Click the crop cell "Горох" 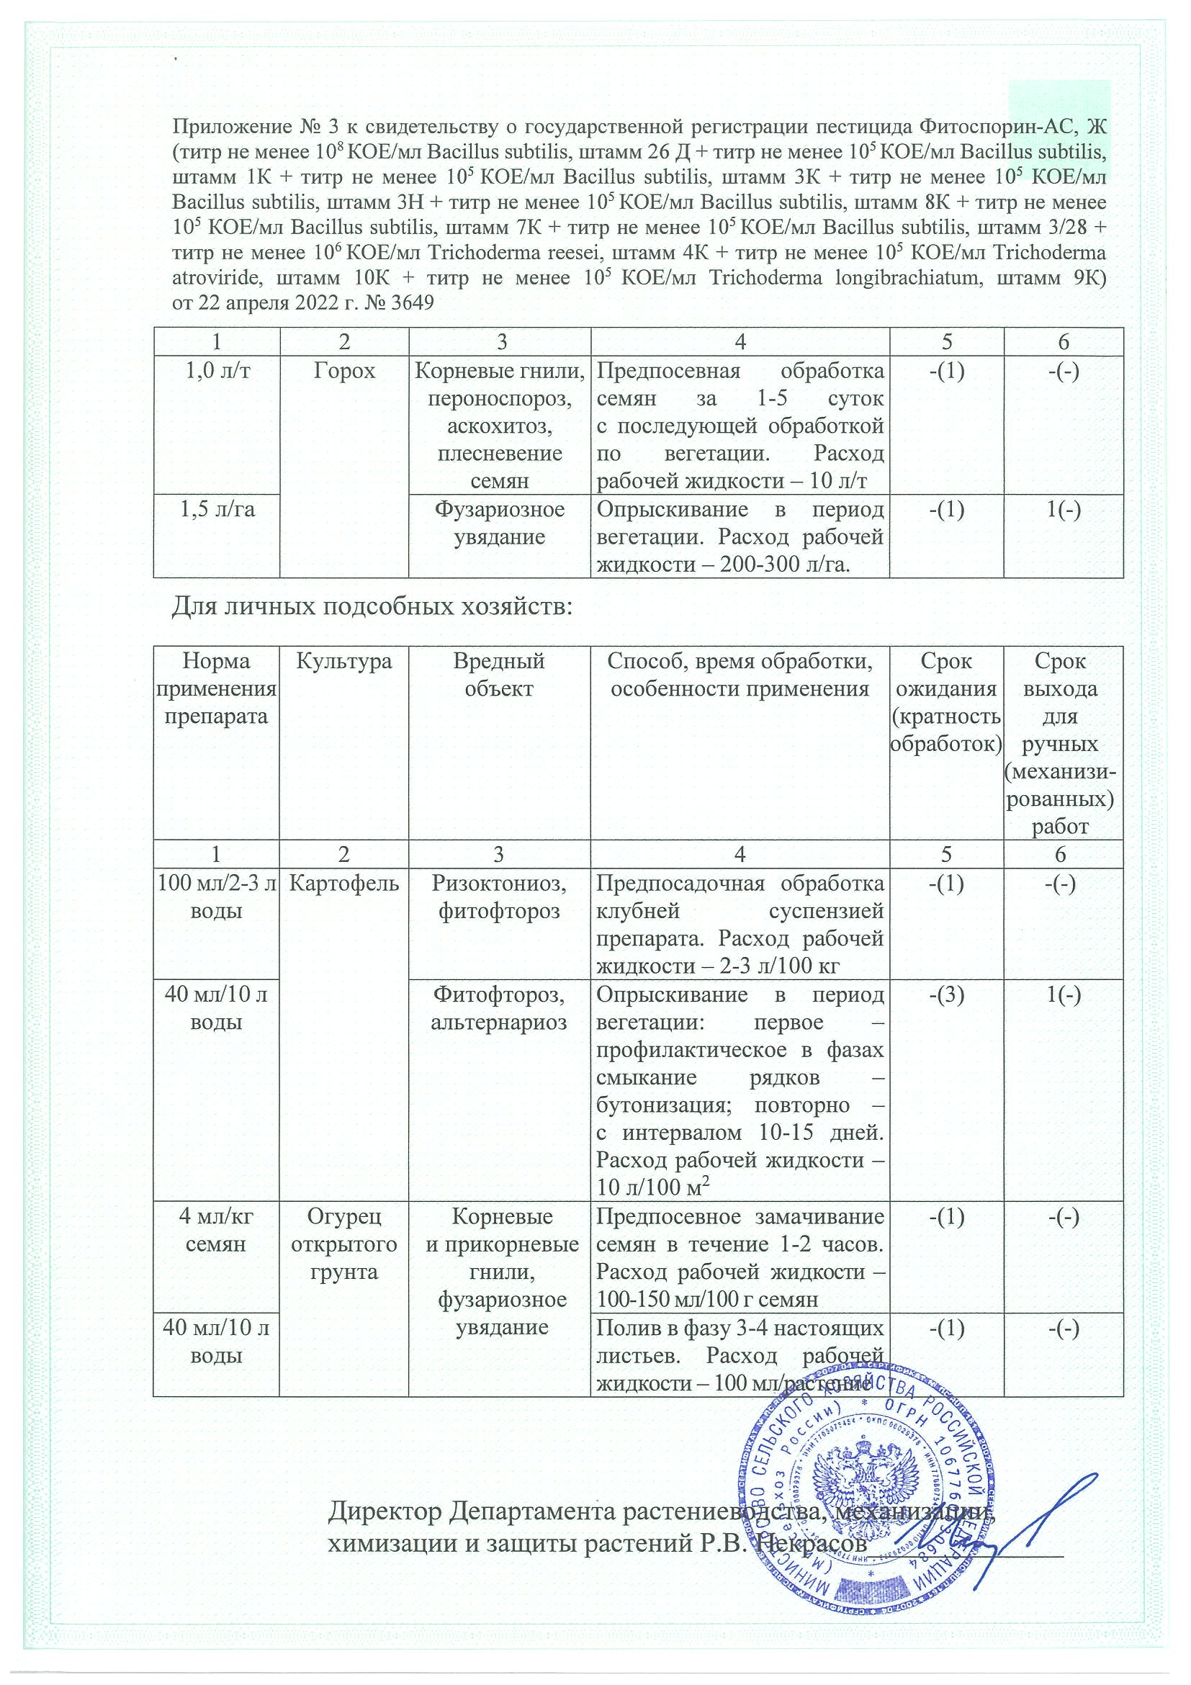[x=343, y=372]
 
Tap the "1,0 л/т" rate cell [x=217, y=372]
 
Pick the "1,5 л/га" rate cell [x=217, y=509]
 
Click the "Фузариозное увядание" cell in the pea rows [x=499, y=524]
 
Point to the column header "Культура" [x=343, y=661]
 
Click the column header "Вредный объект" [x=499, y=675]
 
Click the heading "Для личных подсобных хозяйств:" [x=372, y=608]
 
